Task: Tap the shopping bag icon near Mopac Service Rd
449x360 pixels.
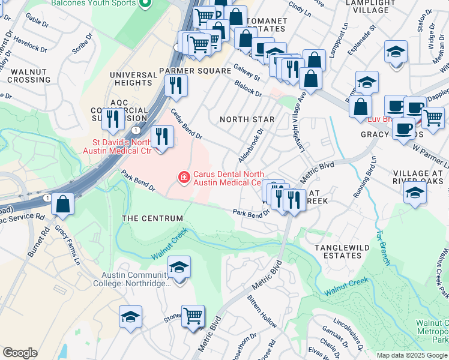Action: tap(63, 204)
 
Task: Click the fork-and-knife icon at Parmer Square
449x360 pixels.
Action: tap(176, 85)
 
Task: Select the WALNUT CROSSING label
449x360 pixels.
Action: tap(29, 76)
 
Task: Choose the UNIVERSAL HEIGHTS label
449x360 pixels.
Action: tap(133, 79)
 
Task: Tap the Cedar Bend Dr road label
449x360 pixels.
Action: tap(186, 123)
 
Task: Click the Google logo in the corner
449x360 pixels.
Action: tap(20, 353)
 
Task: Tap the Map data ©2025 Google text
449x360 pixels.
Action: tap(412, 355)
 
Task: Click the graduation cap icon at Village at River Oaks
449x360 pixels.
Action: tap(415, 193)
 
